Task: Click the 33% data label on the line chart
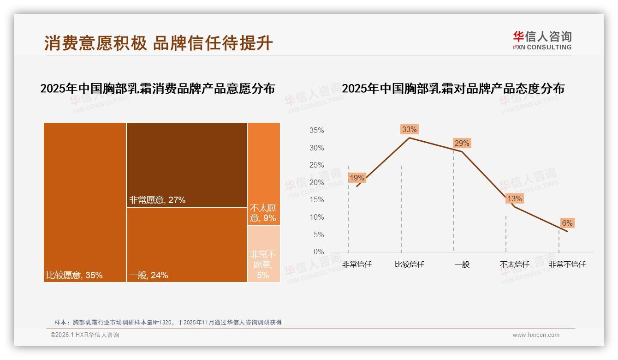click(x=409, y=129)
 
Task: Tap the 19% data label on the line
click(x=357, y=178)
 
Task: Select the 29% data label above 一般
click(x=462, y=143)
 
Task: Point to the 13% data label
click(x=514, y=198)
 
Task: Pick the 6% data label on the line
click(x=567, y=223)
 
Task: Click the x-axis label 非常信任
click(x=357, y=264)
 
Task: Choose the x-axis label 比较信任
click(x=410, y=264)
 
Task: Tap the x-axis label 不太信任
click(x=515, y=264)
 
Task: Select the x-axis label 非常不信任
click(x=567, y=264)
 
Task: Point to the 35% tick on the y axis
click(x=316, y=131)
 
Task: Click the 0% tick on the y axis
click(x=318, y=252)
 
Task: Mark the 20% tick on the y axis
click(x=316, y=183)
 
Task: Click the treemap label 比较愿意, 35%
click(x=74, y=275)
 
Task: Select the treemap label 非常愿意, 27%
click(x=157, y=200)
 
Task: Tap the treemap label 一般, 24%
click(x=148, y=275)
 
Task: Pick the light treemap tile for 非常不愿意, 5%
click(x=264, y=253)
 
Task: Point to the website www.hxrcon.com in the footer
click(x=536, y=335)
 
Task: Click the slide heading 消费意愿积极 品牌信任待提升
click(x=159, y=43)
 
